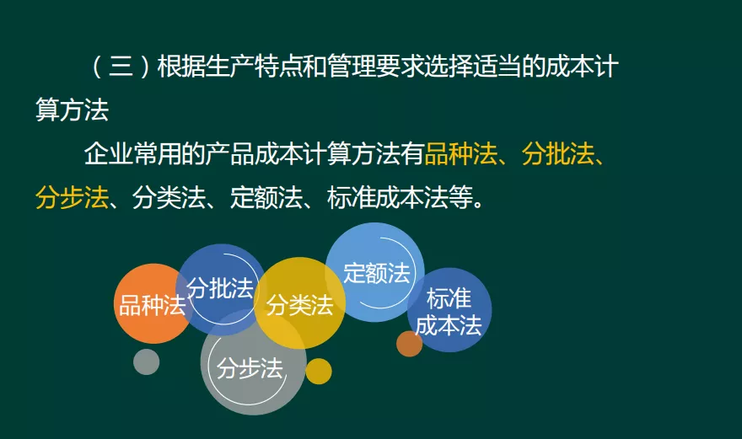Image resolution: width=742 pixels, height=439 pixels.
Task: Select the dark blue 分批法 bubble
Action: (x=220, y=289)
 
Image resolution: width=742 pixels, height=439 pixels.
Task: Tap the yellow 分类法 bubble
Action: (x=299, y=304)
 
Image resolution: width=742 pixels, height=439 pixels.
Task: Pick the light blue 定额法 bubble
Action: (x=376, y=272)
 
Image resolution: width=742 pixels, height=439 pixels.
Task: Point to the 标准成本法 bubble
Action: (x=449, y=311)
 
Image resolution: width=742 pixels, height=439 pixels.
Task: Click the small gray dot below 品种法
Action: (x=147, y=361)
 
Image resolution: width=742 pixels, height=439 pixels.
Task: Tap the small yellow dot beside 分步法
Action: (x=319, y=371)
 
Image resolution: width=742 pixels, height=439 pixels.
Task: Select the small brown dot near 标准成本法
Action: (x=409, y=343)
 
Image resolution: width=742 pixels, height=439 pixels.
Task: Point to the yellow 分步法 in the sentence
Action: (x=72, y=198)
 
